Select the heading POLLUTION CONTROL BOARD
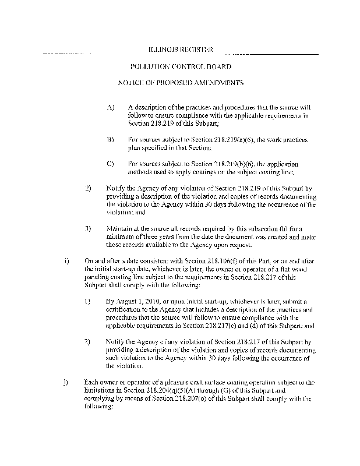click(x=181, y=67)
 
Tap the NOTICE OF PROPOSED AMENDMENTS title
click(x=181, y=84)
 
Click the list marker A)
click(x=111, y=108)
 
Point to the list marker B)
click(x=111, y=140)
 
